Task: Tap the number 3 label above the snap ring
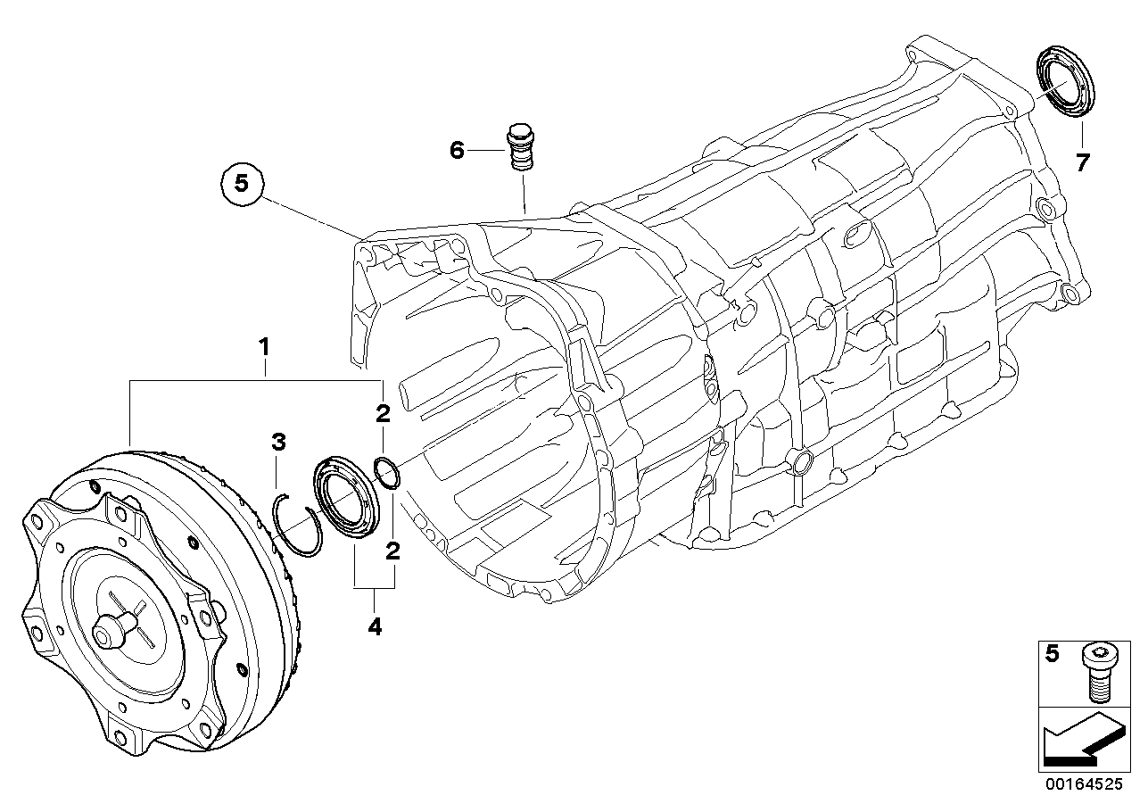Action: pos(278,441)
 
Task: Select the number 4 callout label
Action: pos(375,627)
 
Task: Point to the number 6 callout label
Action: pos(457,151)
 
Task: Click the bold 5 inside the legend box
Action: pos(1053,655)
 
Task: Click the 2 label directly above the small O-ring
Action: pos(382,413)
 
